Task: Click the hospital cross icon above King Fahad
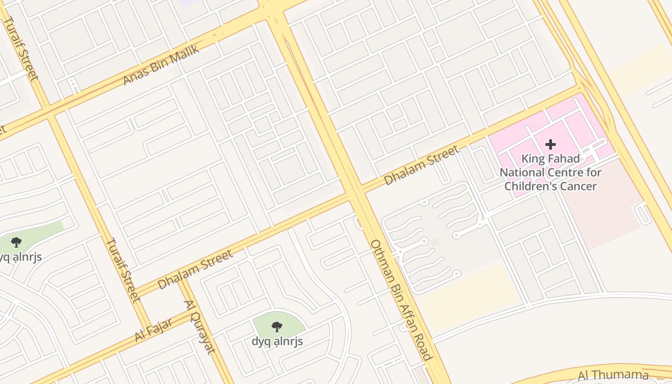point(551,144)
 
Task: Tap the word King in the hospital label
point(533,158)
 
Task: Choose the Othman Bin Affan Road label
point(401,300)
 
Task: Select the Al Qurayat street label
point(199,326)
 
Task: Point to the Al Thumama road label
point(613,375)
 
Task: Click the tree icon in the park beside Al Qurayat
point(277,327)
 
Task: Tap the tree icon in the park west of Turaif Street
point(16,242)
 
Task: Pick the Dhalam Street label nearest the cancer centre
point(421,166)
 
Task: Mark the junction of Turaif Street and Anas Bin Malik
point(51,113)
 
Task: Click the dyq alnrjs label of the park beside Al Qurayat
point(277,341)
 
